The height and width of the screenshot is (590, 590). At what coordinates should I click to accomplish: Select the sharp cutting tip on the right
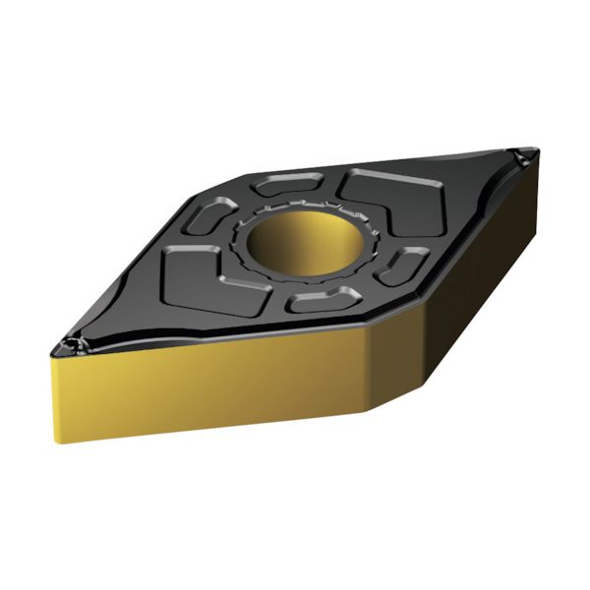pyautogui.click(x=528, y=154)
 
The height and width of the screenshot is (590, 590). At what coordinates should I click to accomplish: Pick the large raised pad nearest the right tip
pyautogui.click(x=393, y=199)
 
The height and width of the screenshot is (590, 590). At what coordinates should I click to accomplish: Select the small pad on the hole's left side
pyautogui.click(x=208, y=215)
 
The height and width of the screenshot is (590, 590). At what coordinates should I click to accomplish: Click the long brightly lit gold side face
pyautogui.click(x=211, y=388)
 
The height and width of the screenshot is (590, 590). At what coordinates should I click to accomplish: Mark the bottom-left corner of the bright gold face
pyautogui.click(x=59, y=441)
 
